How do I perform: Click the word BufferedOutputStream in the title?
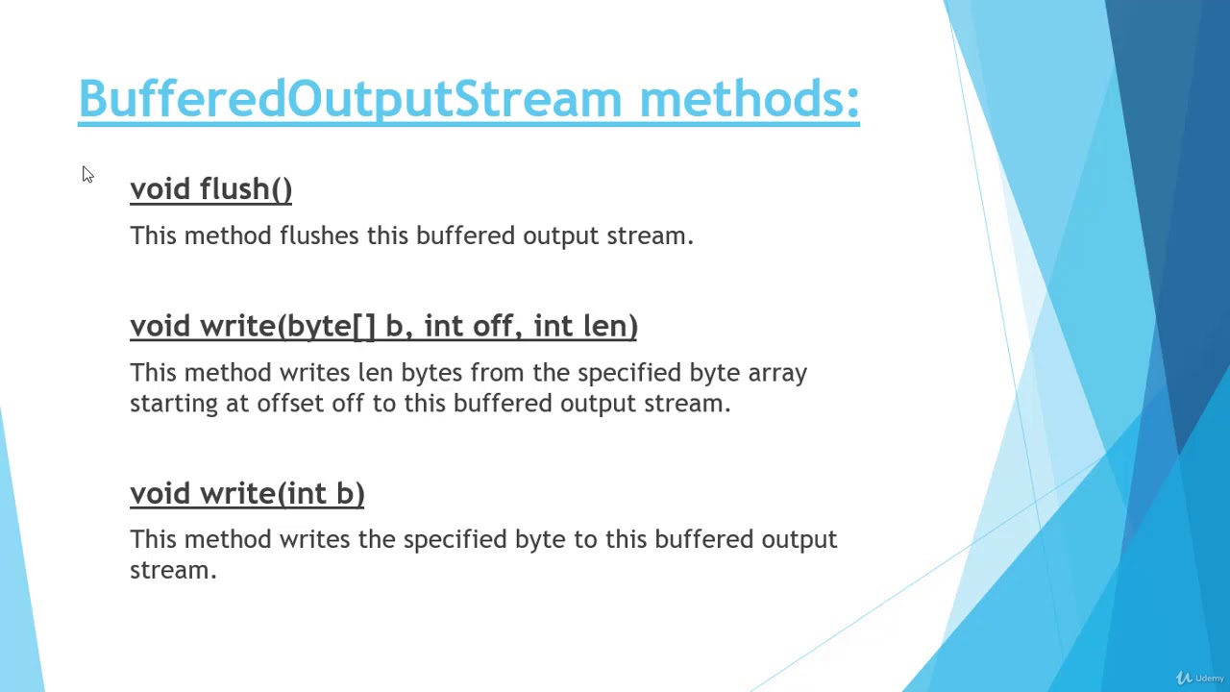(x=350, y=99)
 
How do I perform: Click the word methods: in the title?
(x=749, y=99)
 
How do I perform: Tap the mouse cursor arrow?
(x=87, y=174)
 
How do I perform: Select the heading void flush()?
(x=210, y=189)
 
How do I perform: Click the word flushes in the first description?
(x=319, y=235)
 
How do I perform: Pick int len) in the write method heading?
(x=585, y=326)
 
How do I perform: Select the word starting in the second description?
(x=174, y=404)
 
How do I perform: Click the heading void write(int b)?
(x=247, y=493)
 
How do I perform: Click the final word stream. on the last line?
(x=173, y=570)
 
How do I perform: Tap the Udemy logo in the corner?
(x=1200, y=678)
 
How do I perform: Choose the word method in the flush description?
(x=228, y=235)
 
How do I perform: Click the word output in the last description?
(x=799, y=539)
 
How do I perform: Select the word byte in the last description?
(x=539, y=539)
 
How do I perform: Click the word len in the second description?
(x=375, y=373)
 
